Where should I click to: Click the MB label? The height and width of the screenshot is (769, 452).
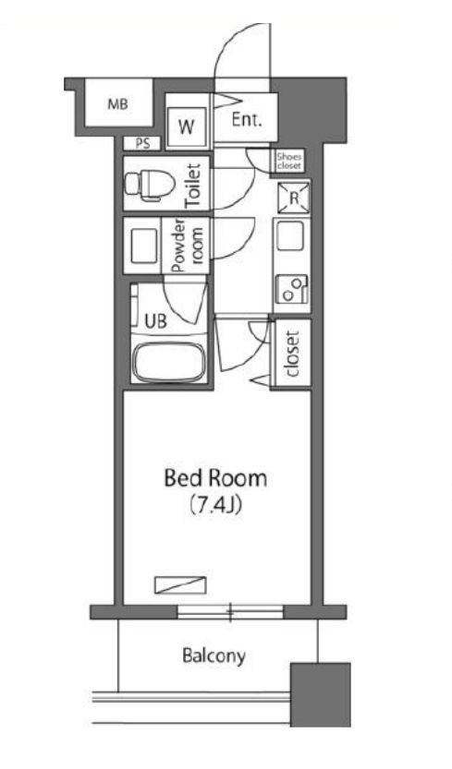point(118,104)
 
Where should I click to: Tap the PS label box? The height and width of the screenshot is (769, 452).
point(142,144)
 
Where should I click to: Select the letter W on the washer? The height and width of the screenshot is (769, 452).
point(186,127)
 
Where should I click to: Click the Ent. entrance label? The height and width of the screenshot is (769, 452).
point(247,120)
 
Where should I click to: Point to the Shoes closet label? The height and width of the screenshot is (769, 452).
point(289,161)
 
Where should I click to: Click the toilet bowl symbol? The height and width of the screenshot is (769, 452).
point(150,184)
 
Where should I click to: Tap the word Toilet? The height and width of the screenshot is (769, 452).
point(193,186)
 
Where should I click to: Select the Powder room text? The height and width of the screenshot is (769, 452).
point(186,245)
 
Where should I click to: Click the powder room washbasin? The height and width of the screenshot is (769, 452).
point(143,246)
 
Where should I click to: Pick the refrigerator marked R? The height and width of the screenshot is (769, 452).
point(294,198)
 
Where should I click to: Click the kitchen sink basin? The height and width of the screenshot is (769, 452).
point(290,236)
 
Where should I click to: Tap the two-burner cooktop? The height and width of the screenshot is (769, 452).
point(291,289)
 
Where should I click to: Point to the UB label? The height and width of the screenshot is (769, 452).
point(155,321)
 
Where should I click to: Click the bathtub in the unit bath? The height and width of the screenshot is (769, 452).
point(169,362)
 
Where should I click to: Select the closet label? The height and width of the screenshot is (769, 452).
point(292,354)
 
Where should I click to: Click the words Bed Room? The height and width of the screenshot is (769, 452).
point(215,478)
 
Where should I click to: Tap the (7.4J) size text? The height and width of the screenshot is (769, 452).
point(215,505)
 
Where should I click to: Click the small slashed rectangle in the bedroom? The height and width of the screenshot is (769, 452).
point(180,584)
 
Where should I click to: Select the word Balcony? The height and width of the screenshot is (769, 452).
point(214,656)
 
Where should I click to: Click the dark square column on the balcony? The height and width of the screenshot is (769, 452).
point(321,694)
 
